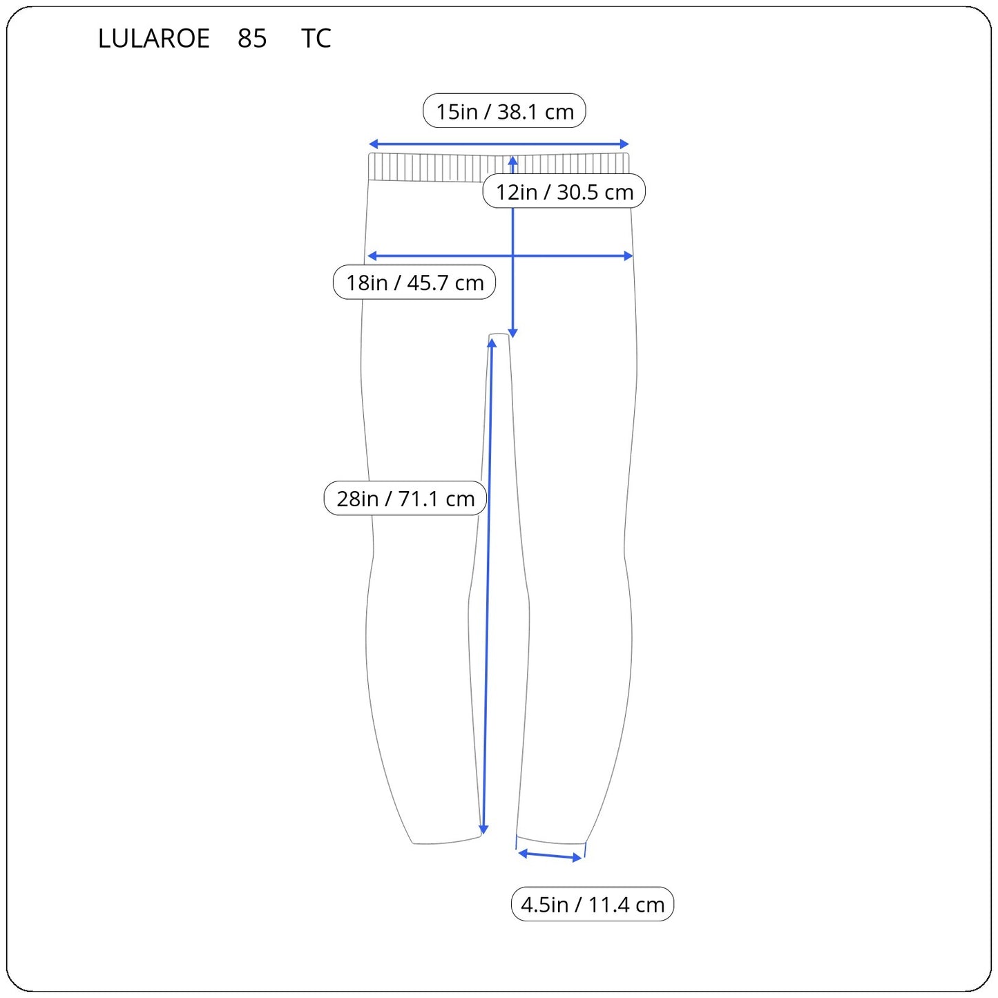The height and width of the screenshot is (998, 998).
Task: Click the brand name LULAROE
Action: (154, 38)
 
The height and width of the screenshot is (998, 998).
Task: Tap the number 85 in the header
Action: (252, 38)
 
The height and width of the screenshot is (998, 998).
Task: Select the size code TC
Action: (316, 38)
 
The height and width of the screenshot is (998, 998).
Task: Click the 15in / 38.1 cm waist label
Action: (504, 111)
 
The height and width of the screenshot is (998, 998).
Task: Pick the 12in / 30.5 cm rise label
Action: (564, 191)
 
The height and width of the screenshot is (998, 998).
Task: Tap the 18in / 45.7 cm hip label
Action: (414, 282)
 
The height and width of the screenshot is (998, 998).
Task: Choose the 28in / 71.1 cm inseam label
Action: (405, 498)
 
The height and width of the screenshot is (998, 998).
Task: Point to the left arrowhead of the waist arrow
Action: (373, 144)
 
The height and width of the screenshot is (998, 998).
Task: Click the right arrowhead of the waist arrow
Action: (624, 144)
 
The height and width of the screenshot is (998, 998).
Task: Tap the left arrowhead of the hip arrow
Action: (372, 256)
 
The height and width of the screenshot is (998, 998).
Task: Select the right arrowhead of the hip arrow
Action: (628, 256)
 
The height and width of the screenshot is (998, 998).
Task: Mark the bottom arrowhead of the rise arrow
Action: (512, 334)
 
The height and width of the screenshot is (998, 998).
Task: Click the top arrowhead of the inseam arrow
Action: (492, 342)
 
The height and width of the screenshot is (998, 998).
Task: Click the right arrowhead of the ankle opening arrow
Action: (577, 858)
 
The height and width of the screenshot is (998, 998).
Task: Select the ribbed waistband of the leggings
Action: (499, 167)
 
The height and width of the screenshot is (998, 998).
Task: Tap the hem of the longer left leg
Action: (446, 842)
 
